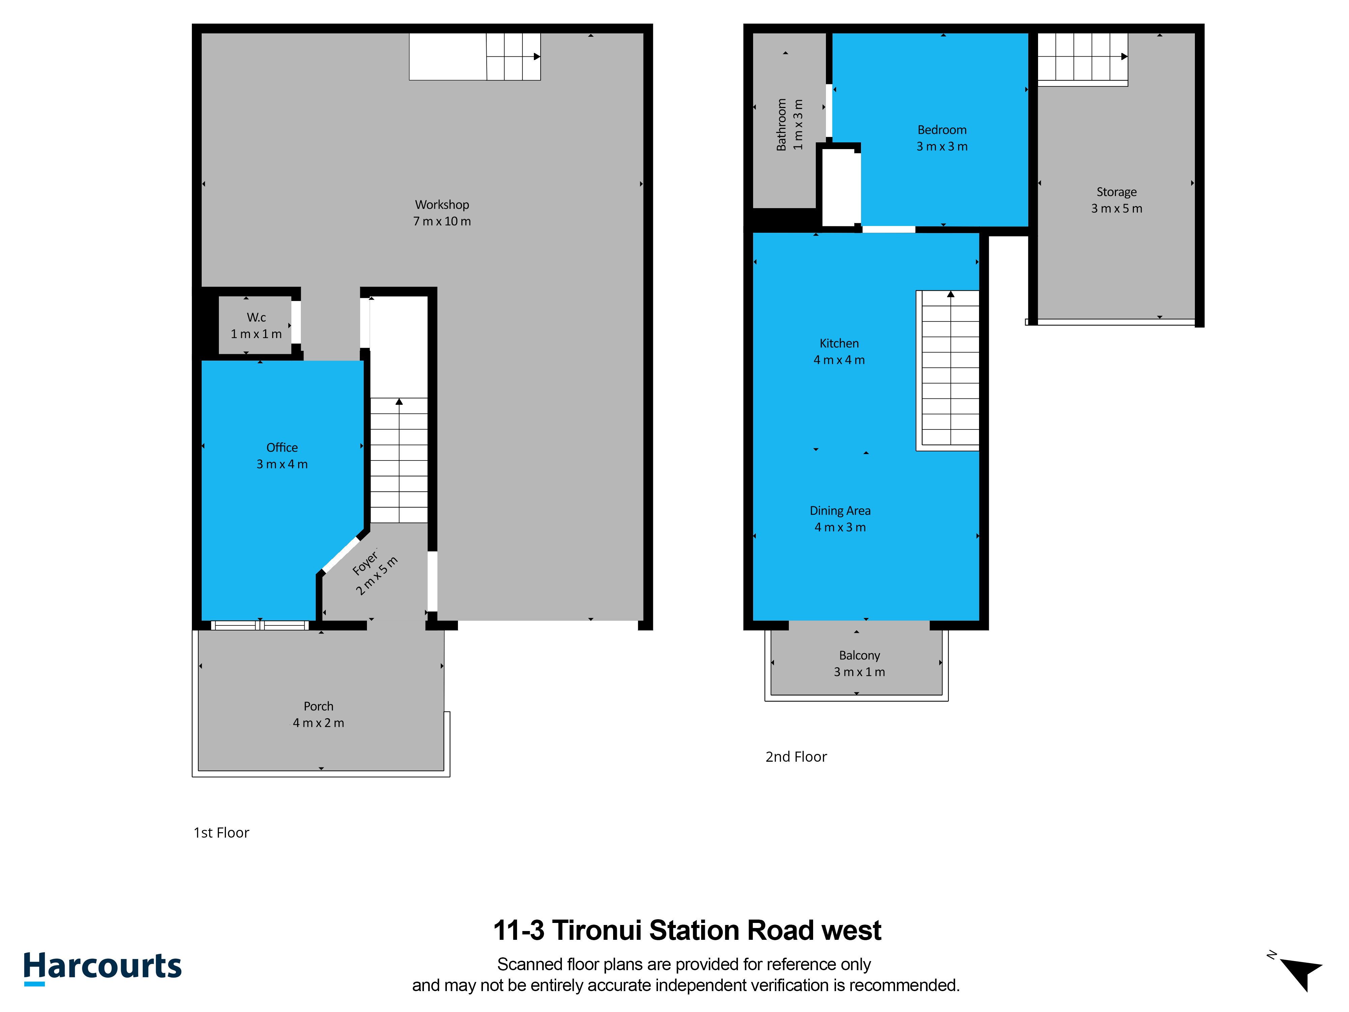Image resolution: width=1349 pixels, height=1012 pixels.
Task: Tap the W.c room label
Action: point(256,317)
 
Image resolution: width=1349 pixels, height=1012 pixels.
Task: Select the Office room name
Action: point(282,448)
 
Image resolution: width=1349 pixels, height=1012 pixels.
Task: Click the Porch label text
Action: point(318,706)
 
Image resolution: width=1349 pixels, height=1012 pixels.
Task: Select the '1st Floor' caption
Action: point(221,833)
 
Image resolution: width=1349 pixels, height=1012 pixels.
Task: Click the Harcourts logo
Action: point(103,968)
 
